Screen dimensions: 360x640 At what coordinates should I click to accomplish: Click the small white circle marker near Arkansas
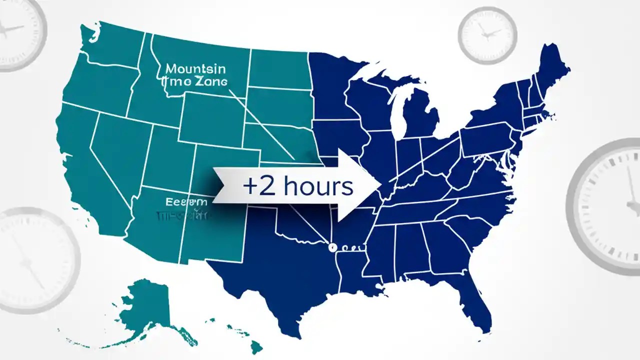point(330,247)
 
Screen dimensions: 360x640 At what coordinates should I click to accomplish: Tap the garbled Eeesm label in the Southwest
point(185,201)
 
